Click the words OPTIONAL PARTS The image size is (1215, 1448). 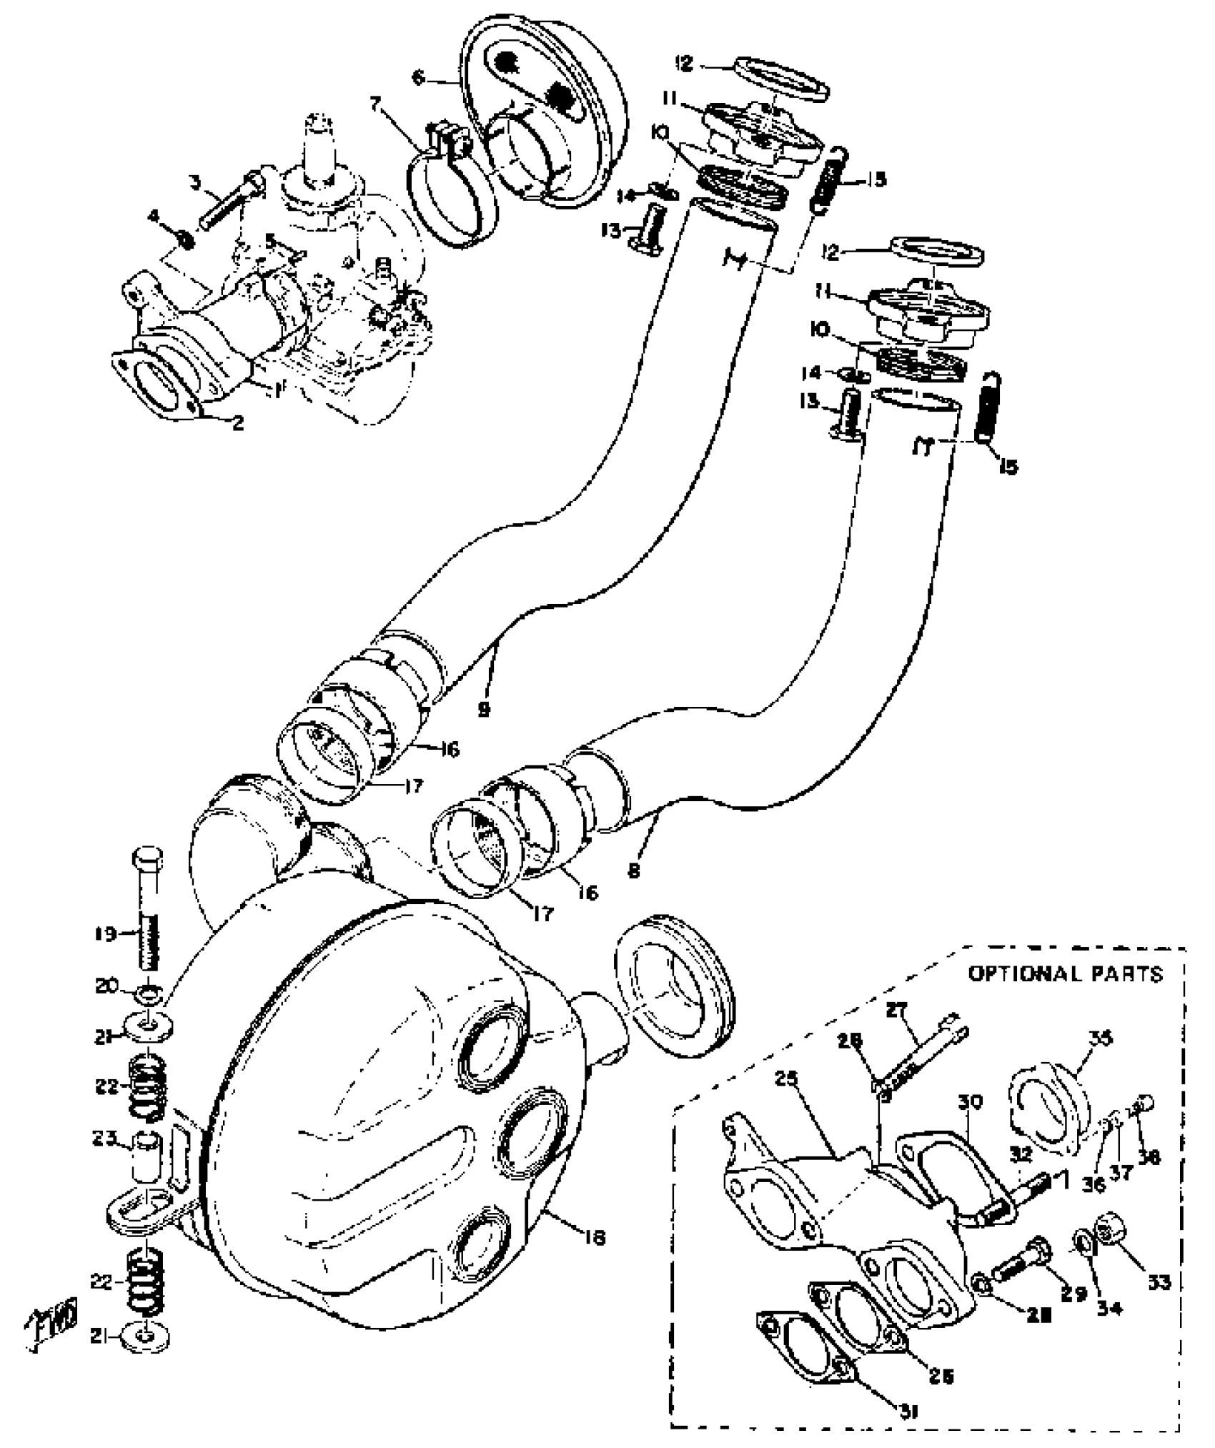coord(1066,974)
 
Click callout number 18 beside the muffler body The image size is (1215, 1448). coord(595,1236)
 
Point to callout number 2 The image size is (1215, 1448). coord(238,423)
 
